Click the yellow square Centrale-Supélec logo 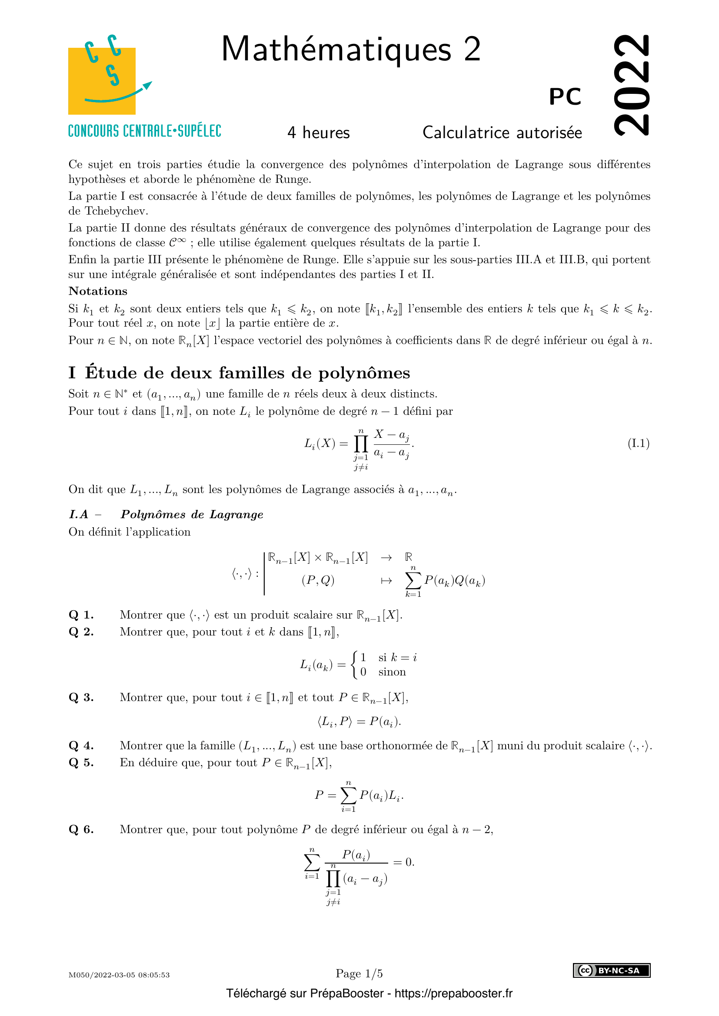coord(102,80)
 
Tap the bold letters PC coord(565,96)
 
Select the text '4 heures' coord(318,133)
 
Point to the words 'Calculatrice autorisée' coord(502,133)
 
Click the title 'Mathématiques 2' coord(351,49)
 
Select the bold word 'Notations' coord(98,291)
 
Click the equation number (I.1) coord(639,443)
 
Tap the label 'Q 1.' coord(81,615)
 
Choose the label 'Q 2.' coord(81,632)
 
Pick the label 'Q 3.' coord(81,698)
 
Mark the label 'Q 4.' coord(81,746)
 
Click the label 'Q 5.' coord(81,762)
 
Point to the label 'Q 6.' coord(81,829)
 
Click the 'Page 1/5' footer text coord(359,973)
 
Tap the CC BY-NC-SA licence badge coord(612,970)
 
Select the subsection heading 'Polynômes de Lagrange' coord(192,515)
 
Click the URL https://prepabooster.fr coord(453,993)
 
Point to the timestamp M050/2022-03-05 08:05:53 coord(119,975)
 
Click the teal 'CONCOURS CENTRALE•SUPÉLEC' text coord(144,131)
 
